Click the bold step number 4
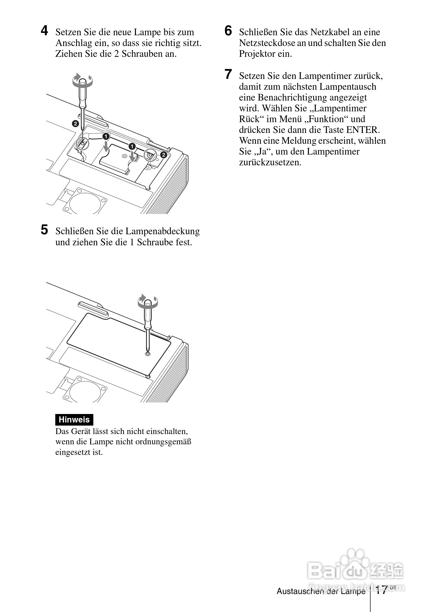[44, 31]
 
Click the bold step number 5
[44, 230]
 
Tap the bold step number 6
[228, 31]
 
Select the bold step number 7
[228, 74]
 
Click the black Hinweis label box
[74, 420]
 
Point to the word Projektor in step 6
[257, 54]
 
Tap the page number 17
[381, 590]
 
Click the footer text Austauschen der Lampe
[321, 591]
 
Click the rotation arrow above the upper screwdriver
[82, 80]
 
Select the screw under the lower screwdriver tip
[148, 354]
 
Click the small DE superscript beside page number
[393, 588]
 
